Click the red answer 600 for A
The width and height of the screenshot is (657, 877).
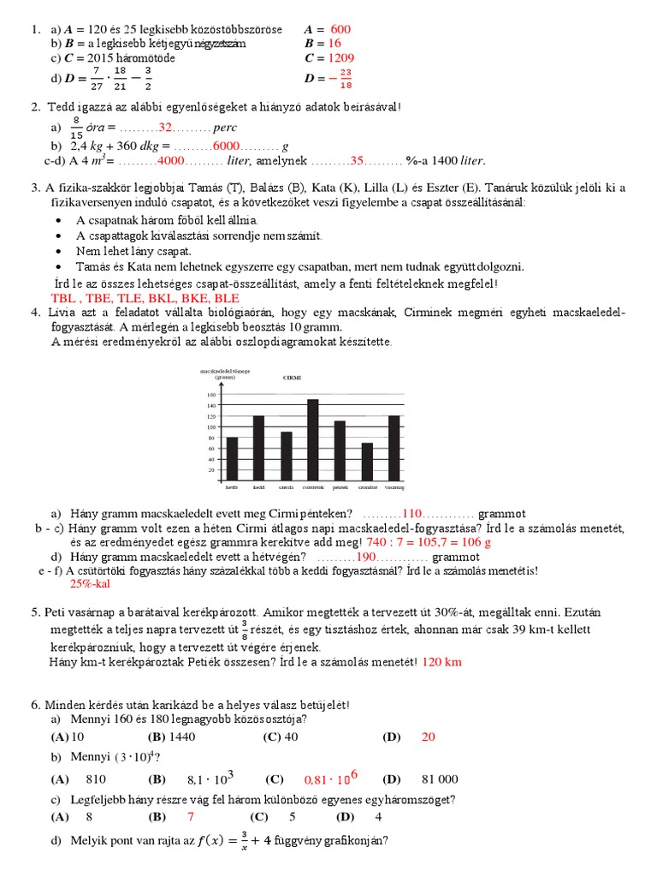tap(340, 29)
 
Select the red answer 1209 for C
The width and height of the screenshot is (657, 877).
tap(340, 58)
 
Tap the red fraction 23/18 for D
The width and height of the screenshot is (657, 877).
tap(345, 79)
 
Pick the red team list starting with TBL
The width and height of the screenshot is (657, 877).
tap(145, 298)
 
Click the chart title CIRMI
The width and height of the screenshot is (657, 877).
tap(293, 377)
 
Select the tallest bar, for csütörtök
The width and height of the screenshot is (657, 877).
tap(313, 440)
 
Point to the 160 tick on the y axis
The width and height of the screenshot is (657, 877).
tap(211, 394)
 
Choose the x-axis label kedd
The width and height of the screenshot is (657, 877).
tap(258, 486)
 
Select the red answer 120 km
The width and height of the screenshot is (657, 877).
tap(441, 662)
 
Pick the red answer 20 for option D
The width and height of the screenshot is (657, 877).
tap(429, 737)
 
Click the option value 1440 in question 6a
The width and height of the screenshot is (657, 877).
tap(183, 737)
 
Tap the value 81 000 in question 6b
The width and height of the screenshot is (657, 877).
tap(440, 779)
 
